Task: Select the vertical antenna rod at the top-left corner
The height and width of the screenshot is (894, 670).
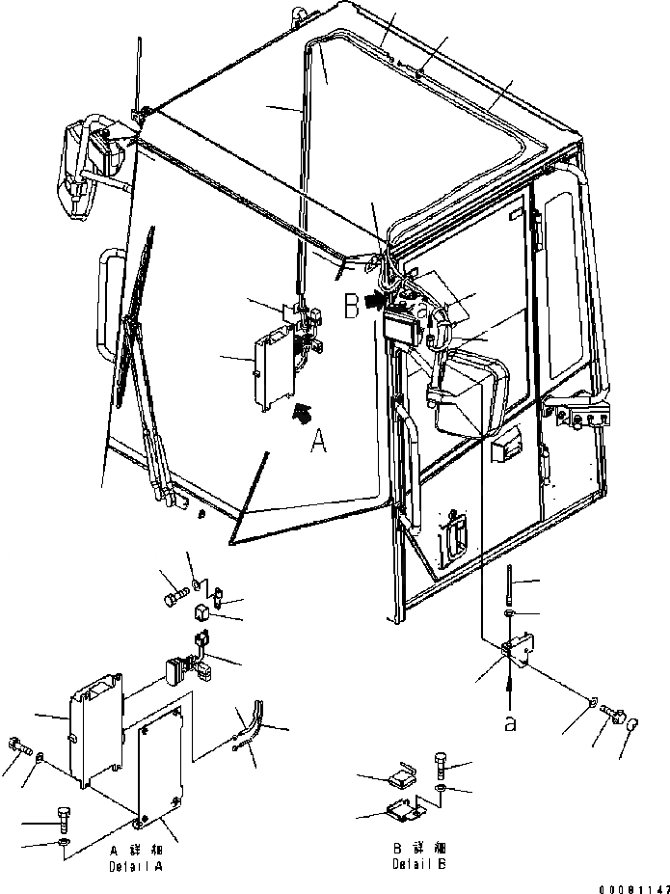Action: coord(141,77)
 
